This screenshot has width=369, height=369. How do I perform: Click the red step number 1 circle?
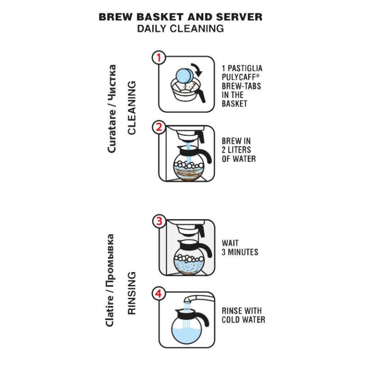tap(158, 58)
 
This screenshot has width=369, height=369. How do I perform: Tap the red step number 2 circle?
tap(158, 127)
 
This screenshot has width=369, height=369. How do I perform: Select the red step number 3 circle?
tap(158, 221)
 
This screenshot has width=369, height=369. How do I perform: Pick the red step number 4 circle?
tap(158, 293)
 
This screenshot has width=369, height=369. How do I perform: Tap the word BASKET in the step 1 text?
tap(234, 104)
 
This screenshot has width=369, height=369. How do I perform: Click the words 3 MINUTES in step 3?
tap(240, 252)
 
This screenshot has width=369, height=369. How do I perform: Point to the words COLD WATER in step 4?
tap(244, 319)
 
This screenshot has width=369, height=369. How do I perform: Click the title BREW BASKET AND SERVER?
tap(180, 17)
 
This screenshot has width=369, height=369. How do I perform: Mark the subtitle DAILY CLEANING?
tap(180, 29)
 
